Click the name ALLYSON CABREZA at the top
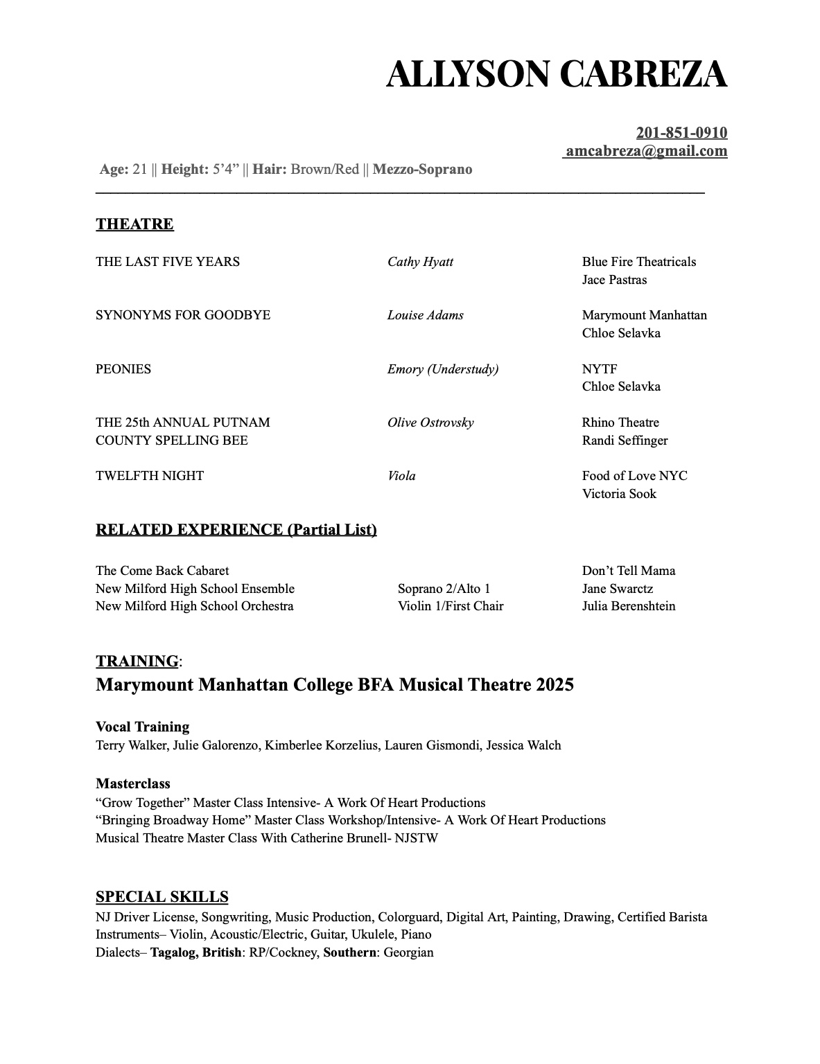click(556, 74)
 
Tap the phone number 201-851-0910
click(681, 133)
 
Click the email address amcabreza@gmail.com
click(646, 151)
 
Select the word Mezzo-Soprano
click(422, 170)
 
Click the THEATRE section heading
click(134, 224)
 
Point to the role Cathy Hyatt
click(420, 262)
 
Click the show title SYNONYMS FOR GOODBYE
click(183, 315)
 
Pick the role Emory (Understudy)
click(443, 369)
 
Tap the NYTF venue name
click(600, 369)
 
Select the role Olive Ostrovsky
click(430, 423)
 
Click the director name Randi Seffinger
click(625, 441)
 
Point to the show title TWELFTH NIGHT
click(150, 476)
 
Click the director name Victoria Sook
click(619, 494)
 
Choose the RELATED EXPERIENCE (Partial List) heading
click(236, 530)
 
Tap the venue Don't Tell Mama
click(628, 571)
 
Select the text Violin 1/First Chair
click(451, 606)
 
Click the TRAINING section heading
click(137, 662)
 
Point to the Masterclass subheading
click(133, 784)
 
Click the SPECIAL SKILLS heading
click(162, 897)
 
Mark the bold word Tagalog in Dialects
click(173, 952)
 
